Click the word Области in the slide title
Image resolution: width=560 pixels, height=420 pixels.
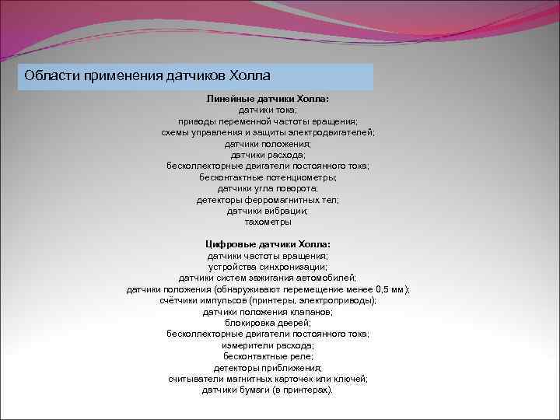click(x=51, y=76)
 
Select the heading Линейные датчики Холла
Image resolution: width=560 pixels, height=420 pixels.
click(x=268, y=100)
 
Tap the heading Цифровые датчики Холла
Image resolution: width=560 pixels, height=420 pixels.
click(x=268, y=244)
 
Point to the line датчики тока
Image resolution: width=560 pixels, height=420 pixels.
click(x=268, y=110)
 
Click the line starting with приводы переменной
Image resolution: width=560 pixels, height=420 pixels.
click(x=268, y=122)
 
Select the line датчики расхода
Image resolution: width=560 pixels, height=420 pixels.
click(x=268, y=155)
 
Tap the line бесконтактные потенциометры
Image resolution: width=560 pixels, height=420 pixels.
click(x=268, y=177)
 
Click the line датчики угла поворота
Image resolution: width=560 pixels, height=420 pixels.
click(x=268, y=188)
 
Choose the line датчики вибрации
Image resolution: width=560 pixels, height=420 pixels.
click(x=268, y=210)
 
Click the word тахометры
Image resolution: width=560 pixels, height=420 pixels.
click(x=268, y=222)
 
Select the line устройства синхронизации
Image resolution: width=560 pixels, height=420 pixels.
click(x=268, y=266)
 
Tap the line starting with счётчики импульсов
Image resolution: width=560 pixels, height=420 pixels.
click(x=268, y=299)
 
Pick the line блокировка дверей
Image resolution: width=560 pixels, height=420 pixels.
click(x=268, y=322)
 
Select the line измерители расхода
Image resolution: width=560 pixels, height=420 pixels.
click(x=268, y=345)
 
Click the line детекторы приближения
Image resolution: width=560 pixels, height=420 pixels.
click(x=268, y=367)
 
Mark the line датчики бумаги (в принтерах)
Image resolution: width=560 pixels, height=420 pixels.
click(x=268, y=389)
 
